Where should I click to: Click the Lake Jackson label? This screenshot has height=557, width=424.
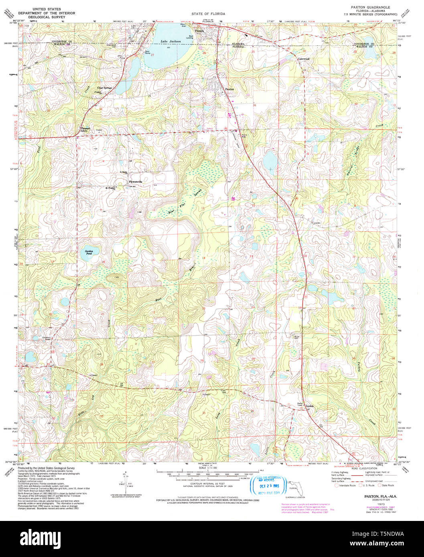(170, 41)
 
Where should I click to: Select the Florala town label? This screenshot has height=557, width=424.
(199, 31)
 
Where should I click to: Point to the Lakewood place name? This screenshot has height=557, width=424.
(304, 59)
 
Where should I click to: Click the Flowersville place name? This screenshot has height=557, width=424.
(136, 182)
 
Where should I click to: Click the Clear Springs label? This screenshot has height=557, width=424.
(104, 87)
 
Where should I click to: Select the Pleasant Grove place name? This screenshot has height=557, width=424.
(84, 130)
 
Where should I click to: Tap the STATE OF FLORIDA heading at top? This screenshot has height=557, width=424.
(208, 14)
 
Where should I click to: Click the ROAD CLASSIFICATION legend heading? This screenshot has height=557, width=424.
(363, 468)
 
